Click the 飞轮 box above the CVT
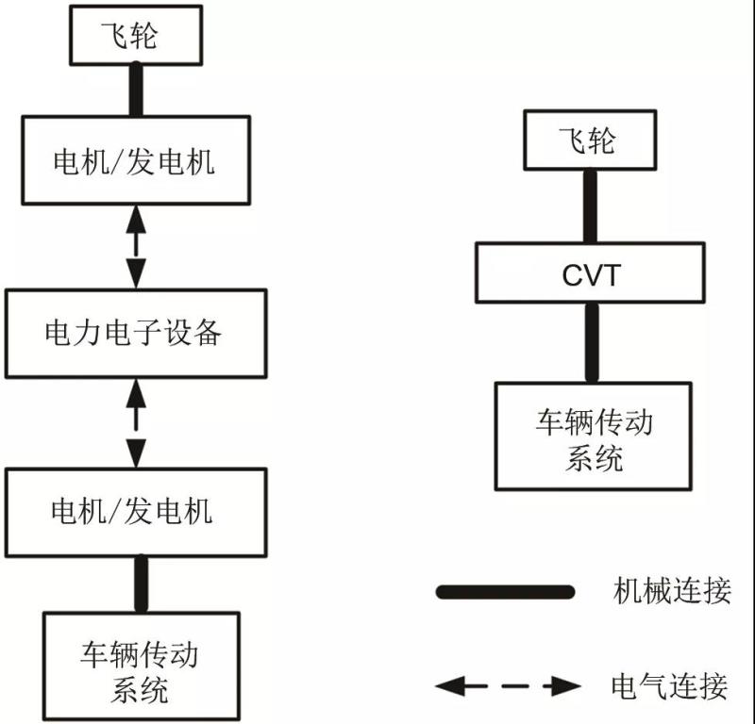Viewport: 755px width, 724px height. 589,141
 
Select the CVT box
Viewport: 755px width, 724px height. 591,273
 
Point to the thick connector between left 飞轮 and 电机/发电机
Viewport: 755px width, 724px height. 136,89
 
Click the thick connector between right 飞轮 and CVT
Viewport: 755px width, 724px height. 591,206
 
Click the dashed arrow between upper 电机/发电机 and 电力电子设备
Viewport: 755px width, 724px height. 137,245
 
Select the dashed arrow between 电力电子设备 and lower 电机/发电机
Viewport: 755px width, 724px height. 138,421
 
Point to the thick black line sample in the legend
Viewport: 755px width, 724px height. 506,592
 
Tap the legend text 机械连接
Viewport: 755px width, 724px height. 671,592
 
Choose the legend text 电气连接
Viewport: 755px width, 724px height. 671,685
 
